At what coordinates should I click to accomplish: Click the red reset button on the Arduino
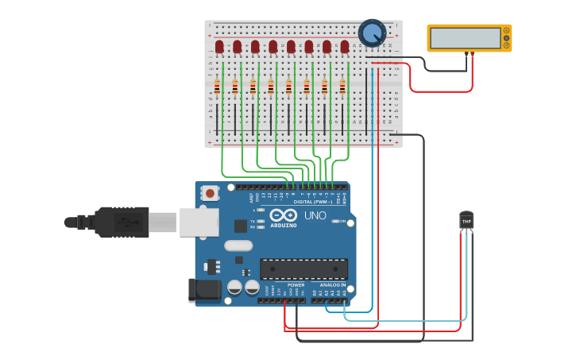tap(210, 192)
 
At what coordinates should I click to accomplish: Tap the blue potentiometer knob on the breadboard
tap(371, 33)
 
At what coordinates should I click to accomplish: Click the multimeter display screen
tap(464, 38)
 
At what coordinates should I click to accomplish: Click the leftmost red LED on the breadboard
tap(219, 47)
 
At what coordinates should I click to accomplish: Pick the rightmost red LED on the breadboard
tap(345, 47)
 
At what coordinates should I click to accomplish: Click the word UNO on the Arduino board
tap(315, 215)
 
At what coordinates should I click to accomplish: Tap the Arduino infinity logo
tap(284, 215)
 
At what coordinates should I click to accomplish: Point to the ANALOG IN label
tap(333, 285)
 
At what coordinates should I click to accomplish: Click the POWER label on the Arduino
tap(296, 285)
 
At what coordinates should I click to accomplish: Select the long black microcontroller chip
tap(303, 269)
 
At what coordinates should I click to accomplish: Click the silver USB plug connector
tap(163, 223)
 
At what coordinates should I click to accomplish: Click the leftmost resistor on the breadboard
tap(217, 87)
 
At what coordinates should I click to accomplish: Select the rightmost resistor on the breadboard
tap(342, 87)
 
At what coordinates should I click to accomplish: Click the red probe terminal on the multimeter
tap(473, 54)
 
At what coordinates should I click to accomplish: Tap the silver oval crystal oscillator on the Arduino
tap(238, 246)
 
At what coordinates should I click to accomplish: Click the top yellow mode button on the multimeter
tap(506, 30)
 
